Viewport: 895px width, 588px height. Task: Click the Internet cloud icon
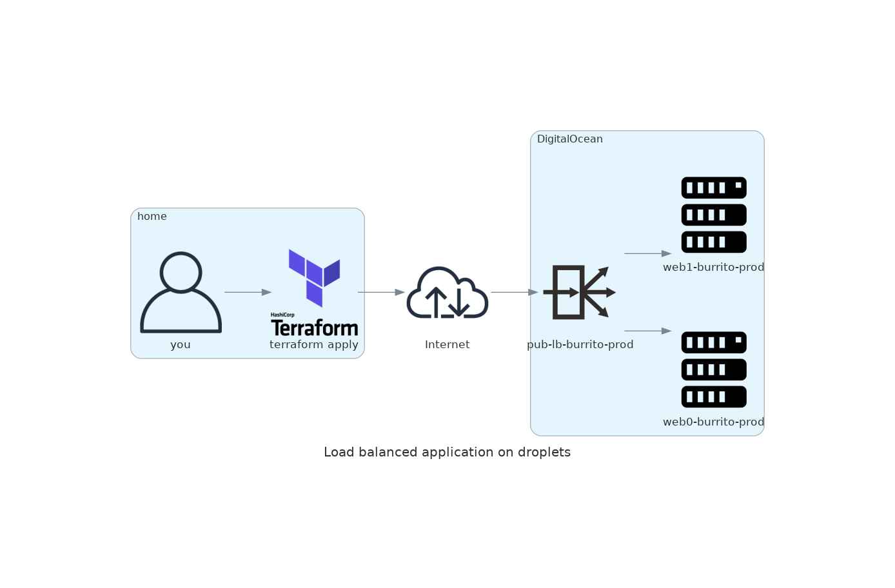pos(447,293)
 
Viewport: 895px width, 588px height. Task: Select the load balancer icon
pos(579,292)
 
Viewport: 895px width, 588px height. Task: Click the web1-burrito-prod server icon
pos(714,215)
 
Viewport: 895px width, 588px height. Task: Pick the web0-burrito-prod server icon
pos(714,369)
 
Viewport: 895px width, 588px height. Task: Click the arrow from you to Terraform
pos(248,292)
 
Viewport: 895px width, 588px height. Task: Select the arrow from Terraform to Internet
pos(381,292)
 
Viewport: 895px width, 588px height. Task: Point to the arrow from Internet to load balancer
pos(514,292)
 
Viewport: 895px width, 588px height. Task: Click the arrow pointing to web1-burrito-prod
pos(647,253)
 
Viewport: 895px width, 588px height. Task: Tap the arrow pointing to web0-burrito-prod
pos(647,331)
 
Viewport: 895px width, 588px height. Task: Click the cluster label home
pos(152,217)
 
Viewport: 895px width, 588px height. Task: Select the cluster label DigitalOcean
pos(570,139)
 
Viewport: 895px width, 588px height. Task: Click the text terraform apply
pos(314,344)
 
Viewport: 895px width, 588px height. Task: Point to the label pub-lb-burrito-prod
pos(580,344)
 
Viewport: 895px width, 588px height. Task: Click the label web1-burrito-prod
pos(713,267)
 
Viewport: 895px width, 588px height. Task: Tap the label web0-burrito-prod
pos(713,422)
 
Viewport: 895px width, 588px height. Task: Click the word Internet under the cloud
pos(447,344)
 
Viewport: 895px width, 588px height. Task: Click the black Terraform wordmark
pos(315,328)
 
